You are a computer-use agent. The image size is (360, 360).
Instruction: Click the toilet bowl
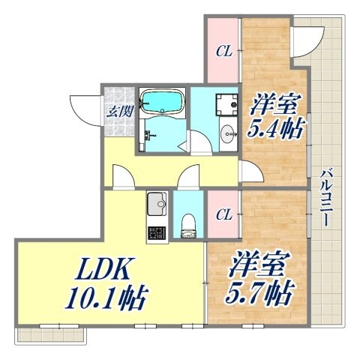(x=188, y=223)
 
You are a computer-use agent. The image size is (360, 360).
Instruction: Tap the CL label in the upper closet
(x=223, y=52)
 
